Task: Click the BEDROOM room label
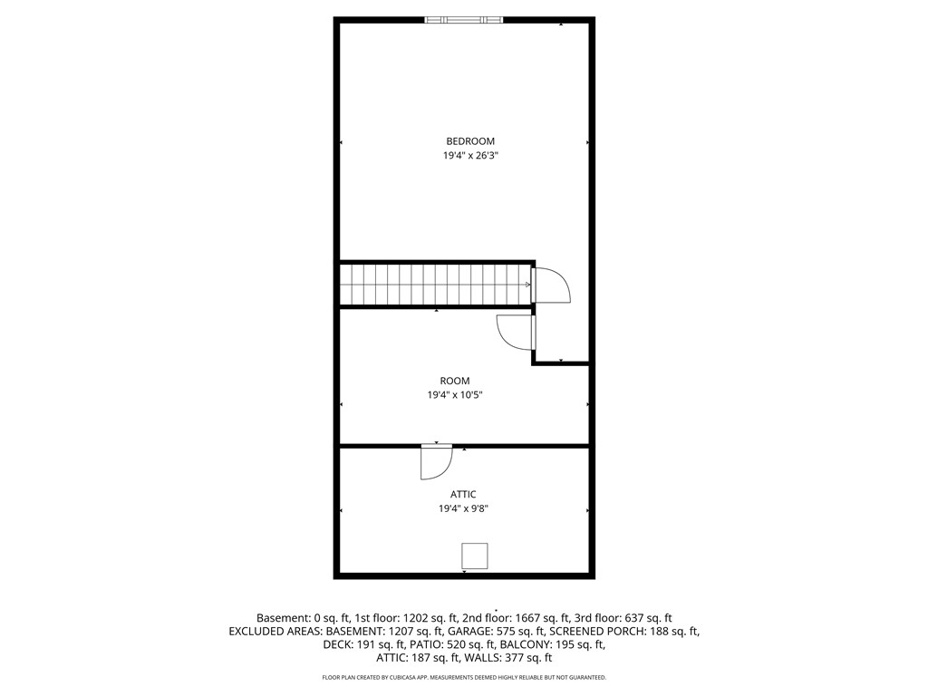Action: [x=470, y=141]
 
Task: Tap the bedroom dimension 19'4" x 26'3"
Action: [x=467, y=156]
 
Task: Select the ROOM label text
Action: [x=455, y=382]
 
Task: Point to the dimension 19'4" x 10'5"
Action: [x=455, y=395]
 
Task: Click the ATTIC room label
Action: [x=463, y=494]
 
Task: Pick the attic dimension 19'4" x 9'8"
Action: [x=463, y=508]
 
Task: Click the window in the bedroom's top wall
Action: [x=464, y=20]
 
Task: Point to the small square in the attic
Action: [x=475, y=556]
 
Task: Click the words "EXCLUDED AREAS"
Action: [x=275, y=632]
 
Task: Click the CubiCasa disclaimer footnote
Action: [x=464, y=677]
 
